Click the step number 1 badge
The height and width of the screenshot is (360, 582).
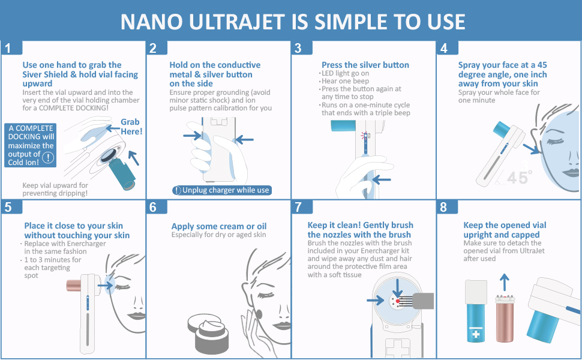11,47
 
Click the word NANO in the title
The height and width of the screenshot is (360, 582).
151,22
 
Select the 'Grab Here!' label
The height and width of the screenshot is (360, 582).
131,127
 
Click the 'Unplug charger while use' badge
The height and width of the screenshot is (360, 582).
221,190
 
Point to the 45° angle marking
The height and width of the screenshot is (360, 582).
519,178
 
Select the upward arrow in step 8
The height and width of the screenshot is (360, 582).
504,283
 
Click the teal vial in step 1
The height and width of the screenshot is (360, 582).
122,174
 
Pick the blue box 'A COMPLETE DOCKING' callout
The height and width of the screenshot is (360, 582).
31,145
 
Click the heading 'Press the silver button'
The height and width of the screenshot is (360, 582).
365,65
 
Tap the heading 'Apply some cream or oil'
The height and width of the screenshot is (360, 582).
219,226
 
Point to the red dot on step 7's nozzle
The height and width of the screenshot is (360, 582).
398,301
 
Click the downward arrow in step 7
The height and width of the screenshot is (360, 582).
398,288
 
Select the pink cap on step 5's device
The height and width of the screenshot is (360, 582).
74,286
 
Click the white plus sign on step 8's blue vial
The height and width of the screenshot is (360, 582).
476,335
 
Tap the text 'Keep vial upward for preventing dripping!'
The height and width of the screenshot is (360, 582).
55,189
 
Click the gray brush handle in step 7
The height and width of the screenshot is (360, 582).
423,301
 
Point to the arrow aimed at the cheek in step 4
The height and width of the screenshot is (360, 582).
531,149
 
